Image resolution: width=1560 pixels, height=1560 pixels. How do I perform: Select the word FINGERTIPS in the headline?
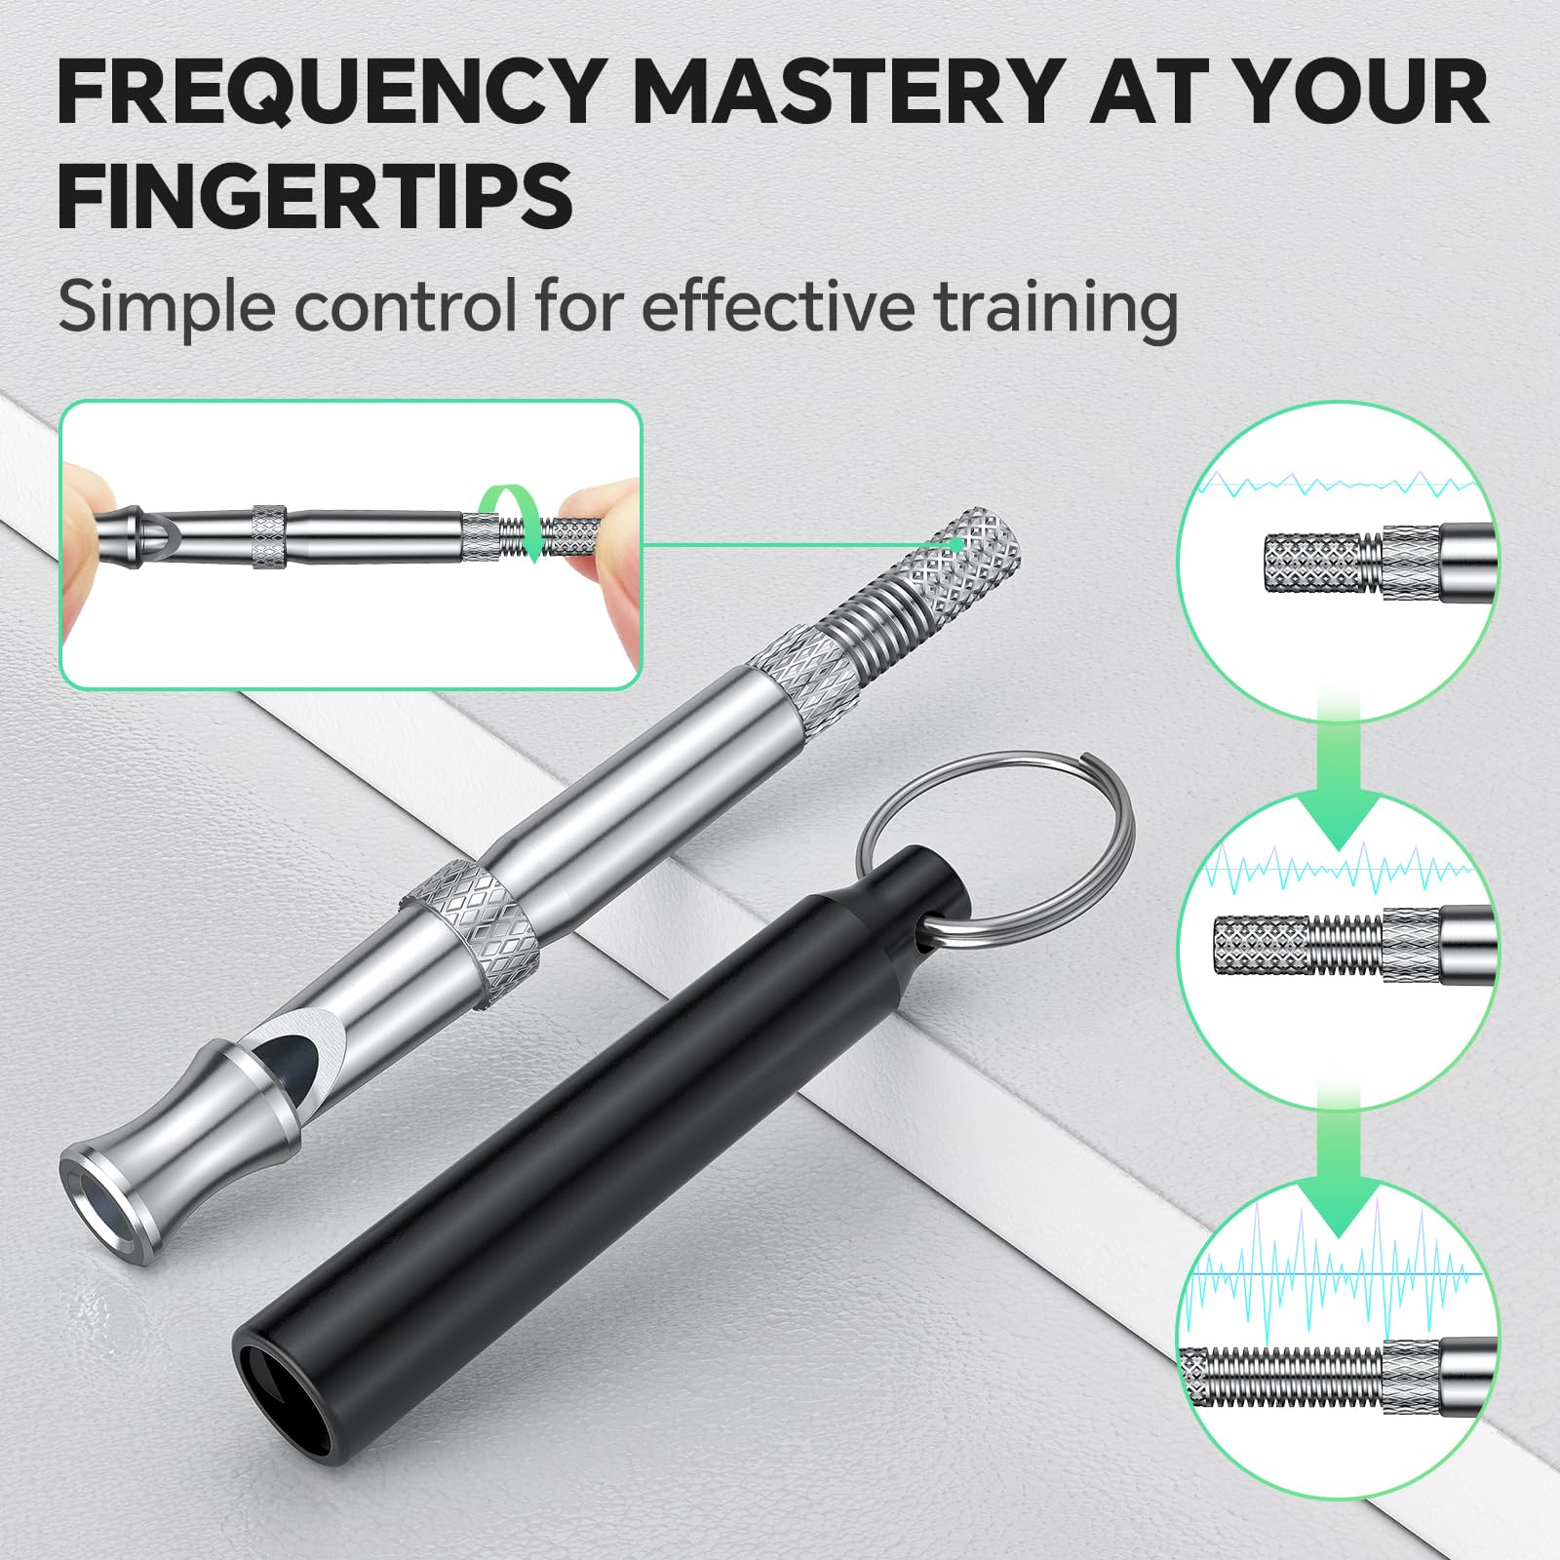(x=314, y=196)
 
